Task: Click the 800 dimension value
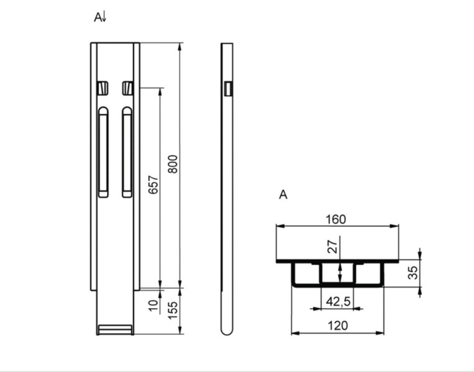click(x=172, y=164)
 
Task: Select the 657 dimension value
click(x=153, y=185)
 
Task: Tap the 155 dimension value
click(x=172, y=311)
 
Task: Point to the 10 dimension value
click(x=153, y=305)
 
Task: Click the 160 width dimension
click(x=336, y=219)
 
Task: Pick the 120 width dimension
click(x=338, y=325)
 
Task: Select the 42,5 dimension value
click(x=338, y=301)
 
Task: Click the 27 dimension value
click(x=332, y=247)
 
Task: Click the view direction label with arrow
click(x=100, y=17)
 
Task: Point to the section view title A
click(x=283, y=195)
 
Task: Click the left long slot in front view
click(x=103, y=152)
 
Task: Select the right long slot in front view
click(x=127, y=152)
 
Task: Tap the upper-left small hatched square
click(x=103, y=88)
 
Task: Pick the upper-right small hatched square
click(x=128, y=88)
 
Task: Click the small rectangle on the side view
click(x=228, y=89)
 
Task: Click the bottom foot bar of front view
click(x=115, y=330)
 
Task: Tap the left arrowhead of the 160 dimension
click(x=280, y=226)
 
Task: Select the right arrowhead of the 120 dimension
click(x=379, y=333)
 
